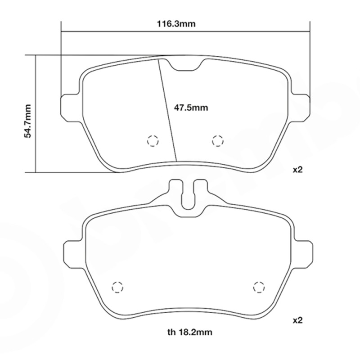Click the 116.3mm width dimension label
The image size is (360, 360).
[x=176, y=24]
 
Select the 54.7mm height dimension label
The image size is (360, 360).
[x=27, y=121]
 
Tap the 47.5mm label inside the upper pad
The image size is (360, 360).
[x=191, y=108]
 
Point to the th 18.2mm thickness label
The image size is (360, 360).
[x=189, y=332]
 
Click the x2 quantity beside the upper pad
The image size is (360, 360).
[x=298, y=170]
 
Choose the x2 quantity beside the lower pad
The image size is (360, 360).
[x=298, y=320]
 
